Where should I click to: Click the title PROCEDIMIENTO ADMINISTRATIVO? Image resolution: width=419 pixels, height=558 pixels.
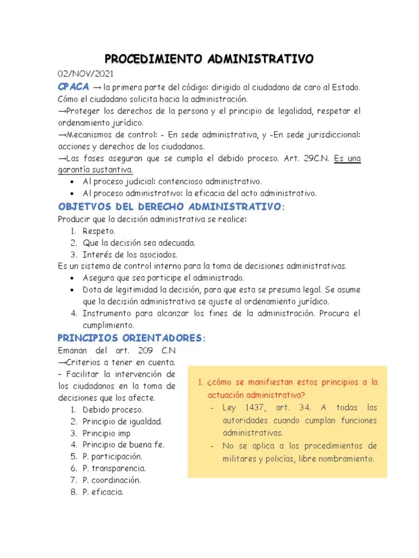pos(209,58)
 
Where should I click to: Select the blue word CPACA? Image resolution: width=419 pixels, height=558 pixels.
pos(74,87)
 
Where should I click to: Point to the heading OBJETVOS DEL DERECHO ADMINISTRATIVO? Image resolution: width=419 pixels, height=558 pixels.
pos(171,207)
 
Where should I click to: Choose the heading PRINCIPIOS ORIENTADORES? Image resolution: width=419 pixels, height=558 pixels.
pos(131,338)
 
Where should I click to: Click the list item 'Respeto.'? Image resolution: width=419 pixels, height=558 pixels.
pos(99,231)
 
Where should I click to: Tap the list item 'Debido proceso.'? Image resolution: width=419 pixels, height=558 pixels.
pos(113,409)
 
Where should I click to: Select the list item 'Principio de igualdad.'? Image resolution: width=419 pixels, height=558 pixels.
pos(122,421)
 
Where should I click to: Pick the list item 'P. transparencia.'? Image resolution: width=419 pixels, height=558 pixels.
pos(114,468)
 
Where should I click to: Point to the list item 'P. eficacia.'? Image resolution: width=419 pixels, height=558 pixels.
pos(103,492)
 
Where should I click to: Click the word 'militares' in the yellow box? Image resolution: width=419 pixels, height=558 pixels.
pos(240,458)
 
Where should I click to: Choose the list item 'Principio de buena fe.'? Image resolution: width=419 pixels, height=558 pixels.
pos(123,444)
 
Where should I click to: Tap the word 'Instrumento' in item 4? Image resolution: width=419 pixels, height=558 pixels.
pos(107,313)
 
